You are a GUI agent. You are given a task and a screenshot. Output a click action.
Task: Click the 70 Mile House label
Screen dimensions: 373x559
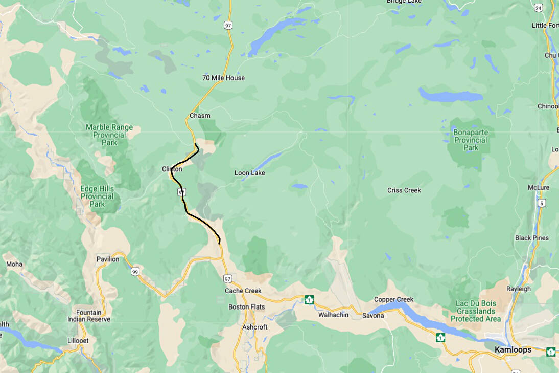click(x=223, y=78)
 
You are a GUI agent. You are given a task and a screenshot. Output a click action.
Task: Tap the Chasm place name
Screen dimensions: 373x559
click(x=200, y=116)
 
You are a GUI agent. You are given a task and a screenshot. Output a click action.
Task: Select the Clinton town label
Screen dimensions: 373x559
click(x=172, y=169)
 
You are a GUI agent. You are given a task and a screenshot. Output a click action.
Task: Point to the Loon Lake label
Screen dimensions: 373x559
click(x=249, y=173)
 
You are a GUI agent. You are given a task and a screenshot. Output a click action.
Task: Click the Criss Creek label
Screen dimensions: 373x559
click(x=404, y=190)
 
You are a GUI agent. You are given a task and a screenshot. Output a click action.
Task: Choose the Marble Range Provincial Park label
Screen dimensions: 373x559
click(x=109, y=135)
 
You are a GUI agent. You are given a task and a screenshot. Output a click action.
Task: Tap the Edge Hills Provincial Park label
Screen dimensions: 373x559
click(x=97, y=196)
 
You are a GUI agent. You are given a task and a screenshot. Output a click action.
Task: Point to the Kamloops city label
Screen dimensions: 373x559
click(x=513, y=350)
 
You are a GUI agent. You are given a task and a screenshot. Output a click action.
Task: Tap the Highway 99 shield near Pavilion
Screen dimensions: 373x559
click(x=134, y=271)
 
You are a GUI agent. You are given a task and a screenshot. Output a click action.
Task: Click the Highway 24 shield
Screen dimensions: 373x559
click(x=538, y=8)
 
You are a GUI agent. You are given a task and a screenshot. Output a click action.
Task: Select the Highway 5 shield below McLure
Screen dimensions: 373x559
click(x=541, y=203)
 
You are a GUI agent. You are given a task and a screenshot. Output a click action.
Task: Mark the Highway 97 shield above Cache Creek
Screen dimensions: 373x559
click(x=227, y=278)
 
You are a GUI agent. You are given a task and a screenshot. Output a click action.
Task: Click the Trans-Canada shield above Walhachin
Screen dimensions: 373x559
click(x=309, y=299)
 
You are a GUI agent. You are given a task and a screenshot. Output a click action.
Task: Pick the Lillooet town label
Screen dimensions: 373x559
click(x=78, y=340)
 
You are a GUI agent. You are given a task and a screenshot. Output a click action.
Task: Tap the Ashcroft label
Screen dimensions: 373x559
click(x=254, y=327)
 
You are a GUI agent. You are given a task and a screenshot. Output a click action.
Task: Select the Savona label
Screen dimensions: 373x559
click(x=373, y=316)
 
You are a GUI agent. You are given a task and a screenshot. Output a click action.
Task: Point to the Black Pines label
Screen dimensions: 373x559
click(x=532, y=238)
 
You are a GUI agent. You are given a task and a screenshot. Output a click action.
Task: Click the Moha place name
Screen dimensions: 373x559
click(x=14, y=265)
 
